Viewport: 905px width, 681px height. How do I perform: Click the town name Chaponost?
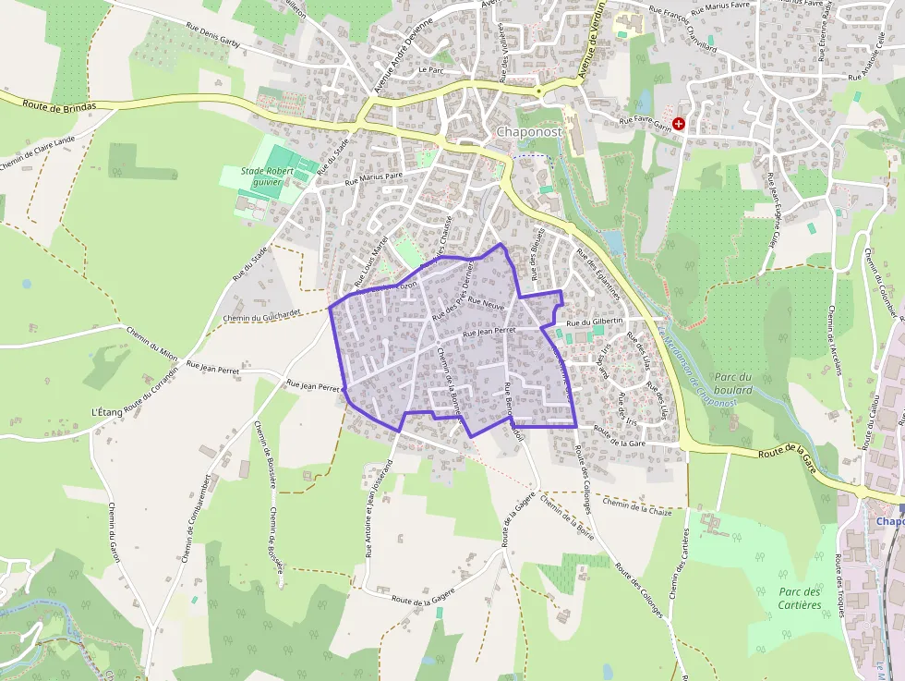tap(529, 132)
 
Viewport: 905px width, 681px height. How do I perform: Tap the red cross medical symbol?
tap(680, 123)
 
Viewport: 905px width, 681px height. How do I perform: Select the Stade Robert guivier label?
tap(267, 176)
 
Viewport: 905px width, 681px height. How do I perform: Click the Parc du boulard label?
tap(733, 383)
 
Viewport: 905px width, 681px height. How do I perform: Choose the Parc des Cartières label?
tap(800, 598)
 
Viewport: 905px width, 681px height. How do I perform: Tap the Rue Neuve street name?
tap(486, 302)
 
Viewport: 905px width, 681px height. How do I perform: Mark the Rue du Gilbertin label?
tap(596, 322)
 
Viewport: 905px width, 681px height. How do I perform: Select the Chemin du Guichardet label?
tap(262, 315)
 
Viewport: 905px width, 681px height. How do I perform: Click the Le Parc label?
tap(431, 69)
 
